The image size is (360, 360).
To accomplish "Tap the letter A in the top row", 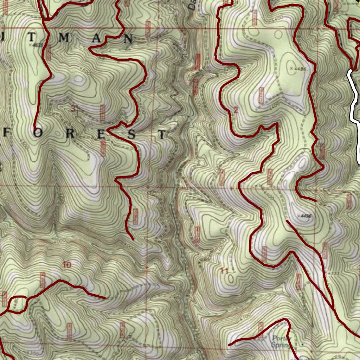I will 96,39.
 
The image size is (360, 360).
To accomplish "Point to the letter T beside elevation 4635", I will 32,38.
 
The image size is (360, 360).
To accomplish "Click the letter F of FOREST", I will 6,134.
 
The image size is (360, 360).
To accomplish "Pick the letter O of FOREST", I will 38,134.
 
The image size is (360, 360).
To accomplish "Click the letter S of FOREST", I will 132,134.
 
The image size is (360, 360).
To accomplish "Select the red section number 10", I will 66,265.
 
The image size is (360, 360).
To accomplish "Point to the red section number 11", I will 224,270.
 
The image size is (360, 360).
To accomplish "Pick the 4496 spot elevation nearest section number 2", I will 299,69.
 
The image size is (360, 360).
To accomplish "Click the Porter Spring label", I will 282,341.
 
